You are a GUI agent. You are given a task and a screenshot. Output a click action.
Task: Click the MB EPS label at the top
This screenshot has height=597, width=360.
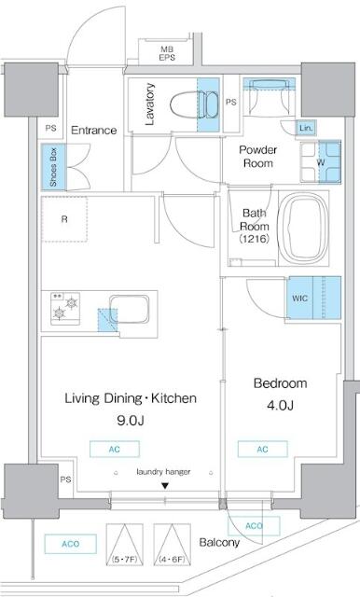pyautogui.click(x=167, y=53)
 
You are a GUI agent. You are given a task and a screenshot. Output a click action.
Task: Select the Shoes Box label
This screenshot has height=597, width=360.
pyautogui.click(x=53, y=166)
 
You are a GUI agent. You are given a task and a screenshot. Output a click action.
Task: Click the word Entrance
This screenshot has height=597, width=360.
pyautogui.click(x=93, y=131)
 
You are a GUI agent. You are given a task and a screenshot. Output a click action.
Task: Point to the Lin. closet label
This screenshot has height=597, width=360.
pyautogui.click(x=306, y=127)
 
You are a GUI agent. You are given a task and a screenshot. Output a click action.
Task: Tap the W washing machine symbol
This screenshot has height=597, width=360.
pyautogui.click(x=321, y=160)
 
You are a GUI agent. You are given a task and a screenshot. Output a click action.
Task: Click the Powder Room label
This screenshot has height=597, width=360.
pyautogui.click(x=256, y=157)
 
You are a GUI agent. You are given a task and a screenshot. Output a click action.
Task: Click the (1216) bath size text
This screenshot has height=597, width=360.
pyautogui.click(x=253, y=240)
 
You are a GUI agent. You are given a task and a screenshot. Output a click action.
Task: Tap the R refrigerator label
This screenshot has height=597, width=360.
pyautogui.click(x=63, y=220)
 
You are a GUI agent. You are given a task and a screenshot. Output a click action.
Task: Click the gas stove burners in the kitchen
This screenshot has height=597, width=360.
pyautogui.click(x=65, y=306)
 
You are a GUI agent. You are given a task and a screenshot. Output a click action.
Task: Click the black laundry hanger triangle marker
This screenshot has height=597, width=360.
pyautogui.click(x=164, y=485)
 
